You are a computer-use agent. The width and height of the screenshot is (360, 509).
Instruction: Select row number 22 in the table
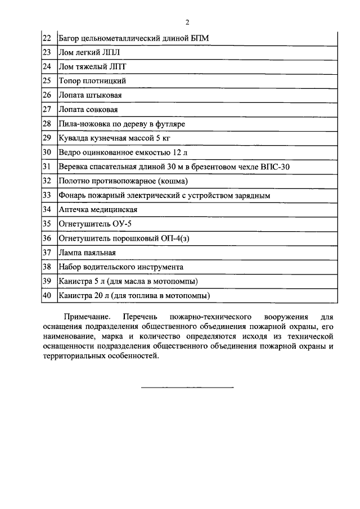coord(47,39)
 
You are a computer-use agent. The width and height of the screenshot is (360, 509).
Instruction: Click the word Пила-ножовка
coord(83,123)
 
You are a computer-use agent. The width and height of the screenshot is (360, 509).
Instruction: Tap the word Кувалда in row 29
coord(73,138)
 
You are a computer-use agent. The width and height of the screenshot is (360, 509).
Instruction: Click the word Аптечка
coord(75,209)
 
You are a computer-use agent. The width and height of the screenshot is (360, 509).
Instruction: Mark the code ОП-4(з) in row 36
coord(167,238)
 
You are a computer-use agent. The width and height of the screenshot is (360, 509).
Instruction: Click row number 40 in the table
coord(47,295)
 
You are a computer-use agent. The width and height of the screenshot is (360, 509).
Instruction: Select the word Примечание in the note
coord(87,317)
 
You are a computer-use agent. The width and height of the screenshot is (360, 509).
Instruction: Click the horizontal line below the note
coord(187,387)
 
